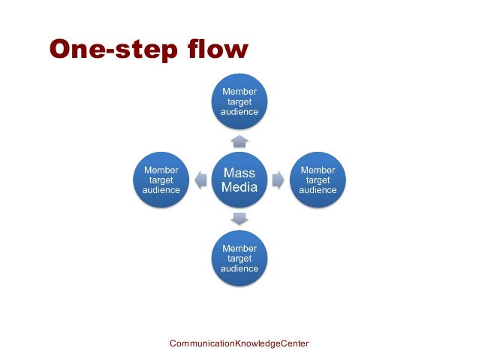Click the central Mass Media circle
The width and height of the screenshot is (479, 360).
[239, 180]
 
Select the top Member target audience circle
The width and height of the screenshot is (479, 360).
[239, 102]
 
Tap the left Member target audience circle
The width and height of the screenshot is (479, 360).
[161, 180]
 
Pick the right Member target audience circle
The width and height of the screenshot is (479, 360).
[318, 180]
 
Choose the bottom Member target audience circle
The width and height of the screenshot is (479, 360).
[239, 259]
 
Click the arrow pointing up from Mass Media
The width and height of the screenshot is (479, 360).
[239, 141]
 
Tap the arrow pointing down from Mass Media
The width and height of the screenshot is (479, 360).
[239, 219]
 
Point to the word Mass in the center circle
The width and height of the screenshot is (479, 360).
[239, 173]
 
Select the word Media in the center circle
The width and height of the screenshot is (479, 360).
[239, 188]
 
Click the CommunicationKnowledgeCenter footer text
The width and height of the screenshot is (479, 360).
[239, 343]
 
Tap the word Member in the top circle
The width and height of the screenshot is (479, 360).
[239, 92]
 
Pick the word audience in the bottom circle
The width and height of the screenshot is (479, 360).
[239, 268]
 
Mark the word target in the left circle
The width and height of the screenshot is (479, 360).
[161, 180]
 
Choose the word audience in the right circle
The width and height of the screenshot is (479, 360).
[318, 190]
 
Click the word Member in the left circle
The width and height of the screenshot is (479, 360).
[161, 171]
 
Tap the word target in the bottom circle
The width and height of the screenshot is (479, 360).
[239, 259]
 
